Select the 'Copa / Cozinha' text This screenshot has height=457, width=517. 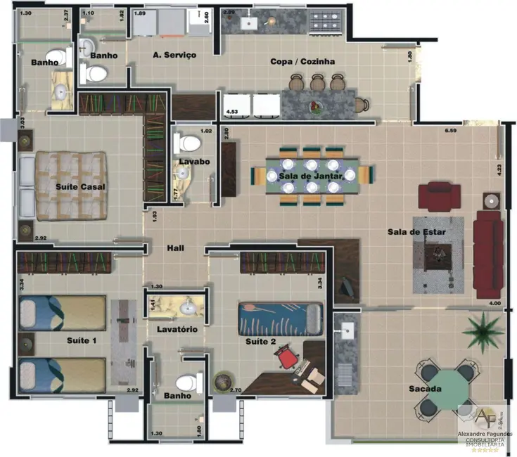[x=302, y=62]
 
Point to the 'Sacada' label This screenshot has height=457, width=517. [x=425, y=389]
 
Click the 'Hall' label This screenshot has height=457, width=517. [x=176, y=248]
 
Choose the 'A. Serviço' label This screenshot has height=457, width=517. [x=174, y=55]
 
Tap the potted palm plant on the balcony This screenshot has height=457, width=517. [x=484, y=327]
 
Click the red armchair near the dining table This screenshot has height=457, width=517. [x=438, y=195]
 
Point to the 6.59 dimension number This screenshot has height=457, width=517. [x=450, y=131]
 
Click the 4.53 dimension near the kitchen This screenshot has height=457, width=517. [x=231, y=112]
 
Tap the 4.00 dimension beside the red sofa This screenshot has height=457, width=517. [x=494, y=304]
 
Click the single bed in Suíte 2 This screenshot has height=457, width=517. [x=279, y=318]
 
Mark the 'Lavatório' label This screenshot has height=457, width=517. [x=176, y=329]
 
